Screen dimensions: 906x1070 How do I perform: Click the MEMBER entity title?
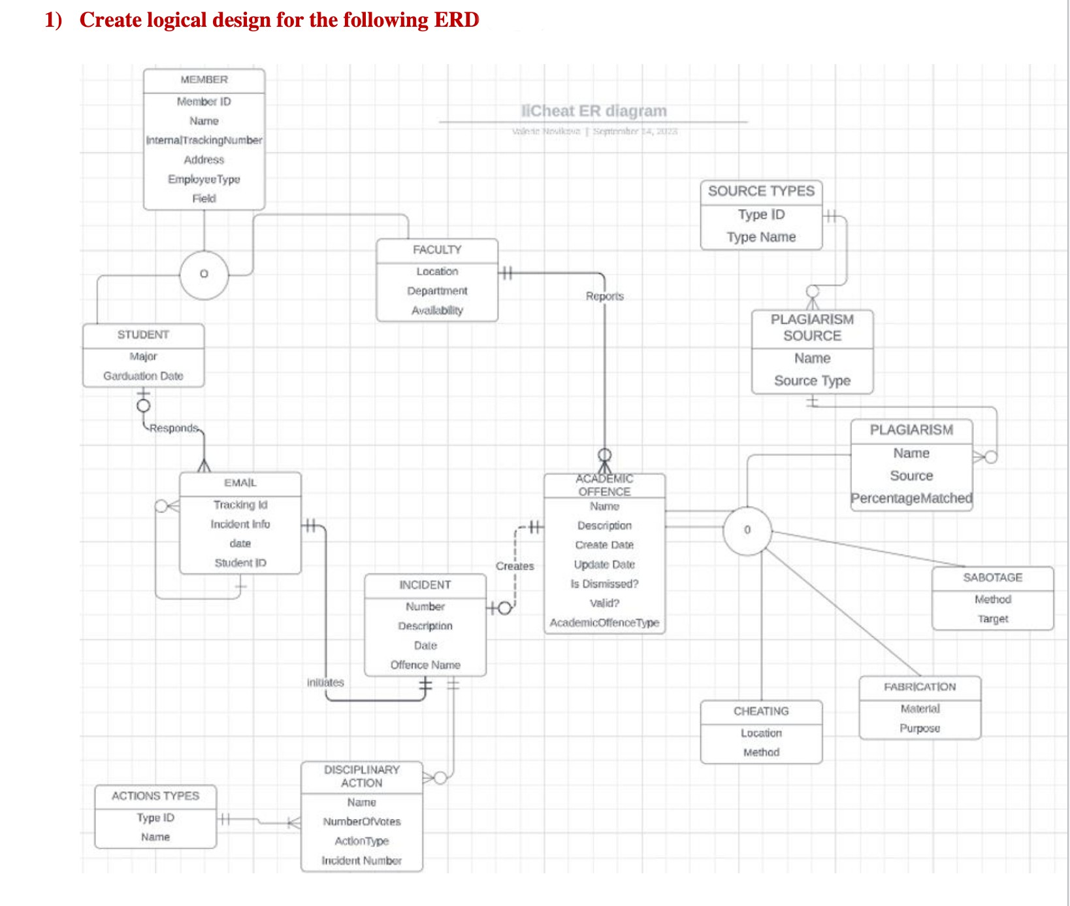point(204,80)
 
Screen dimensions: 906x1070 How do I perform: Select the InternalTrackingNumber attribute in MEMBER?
point(204,140)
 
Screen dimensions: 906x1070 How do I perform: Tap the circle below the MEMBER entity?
point(204,275)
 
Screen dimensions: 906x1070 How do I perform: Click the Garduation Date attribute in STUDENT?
point(143,376)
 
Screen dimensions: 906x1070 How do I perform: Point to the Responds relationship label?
point(173,428)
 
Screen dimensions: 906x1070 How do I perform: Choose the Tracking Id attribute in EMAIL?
point(240,505)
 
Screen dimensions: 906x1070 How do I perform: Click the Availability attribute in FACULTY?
point(437,310)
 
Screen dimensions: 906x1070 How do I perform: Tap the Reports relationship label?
point(604,296)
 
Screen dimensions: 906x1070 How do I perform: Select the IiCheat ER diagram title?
point(593,111)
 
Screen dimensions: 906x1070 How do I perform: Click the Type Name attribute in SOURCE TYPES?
point(761,237)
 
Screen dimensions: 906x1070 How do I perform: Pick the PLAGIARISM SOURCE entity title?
point(812,327)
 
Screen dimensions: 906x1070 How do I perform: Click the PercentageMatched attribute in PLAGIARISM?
point(911,498)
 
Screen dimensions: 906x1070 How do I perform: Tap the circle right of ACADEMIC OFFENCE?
point(747,530)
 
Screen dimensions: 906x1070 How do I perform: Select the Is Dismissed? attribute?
point(604,584)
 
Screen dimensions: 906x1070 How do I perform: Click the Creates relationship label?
point(515,566)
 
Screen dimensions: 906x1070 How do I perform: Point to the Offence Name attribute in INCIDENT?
point(425,665)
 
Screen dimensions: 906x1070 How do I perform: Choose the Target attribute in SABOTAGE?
point(992,618)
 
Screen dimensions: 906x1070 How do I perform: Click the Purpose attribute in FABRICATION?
point(919,728)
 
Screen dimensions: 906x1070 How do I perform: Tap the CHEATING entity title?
point(761,711)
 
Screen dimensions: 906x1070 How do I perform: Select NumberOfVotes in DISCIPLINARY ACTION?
point(361,822)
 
